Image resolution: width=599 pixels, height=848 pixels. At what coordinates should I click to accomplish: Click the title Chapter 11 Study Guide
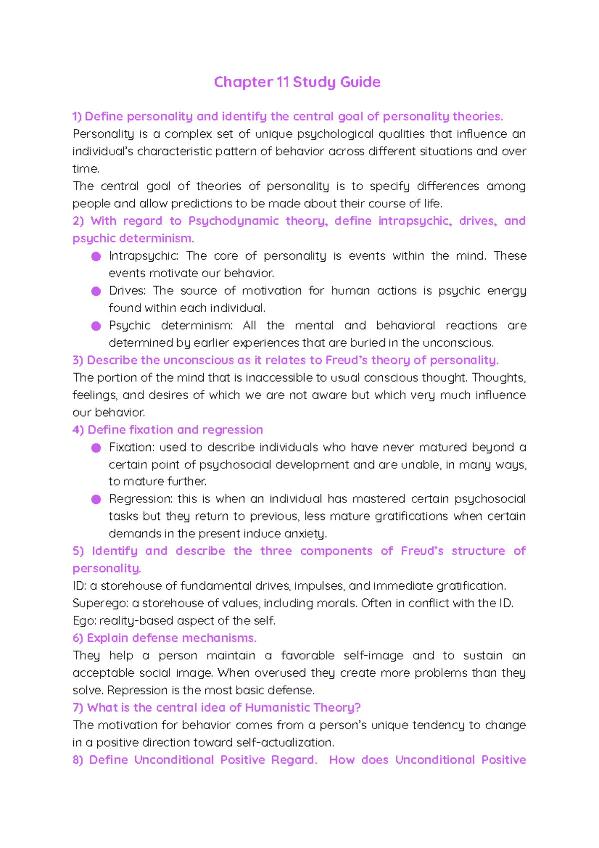[x=297, y=82]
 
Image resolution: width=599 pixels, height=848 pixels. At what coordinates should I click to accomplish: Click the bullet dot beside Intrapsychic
[x=96, y=256]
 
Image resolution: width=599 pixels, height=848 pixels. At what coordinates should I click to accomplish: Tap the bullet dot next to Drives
[x=96, y=291]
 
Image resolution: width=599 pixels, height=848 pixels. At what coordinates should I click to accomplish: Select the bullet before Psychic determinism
[x=96, y=326]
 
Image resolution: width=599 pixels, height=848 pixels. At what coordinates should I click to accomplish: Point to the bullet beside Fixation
[x=96, y=448]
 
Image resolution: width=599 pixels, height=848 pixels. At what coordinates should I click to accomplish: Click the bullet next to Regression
[x=96, y=499]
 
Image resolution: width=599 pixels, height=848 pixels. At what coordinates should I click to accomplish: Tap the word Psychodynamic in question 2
[x=233, y=221]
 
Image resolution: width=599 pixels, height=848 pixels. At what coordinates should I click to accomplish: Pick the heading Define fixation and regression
[x=175, y=429]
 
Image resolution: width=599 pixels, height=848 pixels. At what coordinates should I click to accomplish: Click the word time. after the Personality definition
[x=86, y=169]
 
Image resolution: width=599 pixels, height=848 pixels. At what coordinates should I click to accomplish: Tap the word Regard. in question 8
[x=294, y=760]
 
